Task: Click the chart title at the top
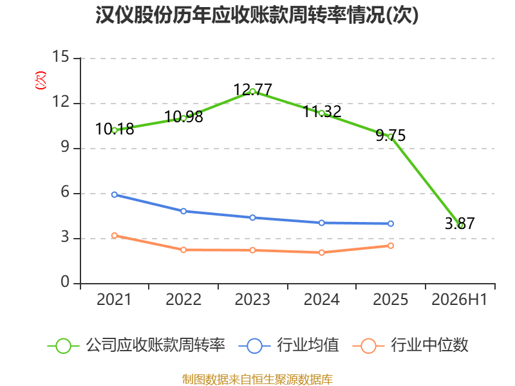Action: click(x=257, y=15)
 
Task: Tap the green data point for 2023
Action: click(x=252, y=91)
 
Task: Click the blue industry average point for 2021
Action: click(x=115, y=195)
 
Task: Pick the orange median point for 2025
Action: click(x=391, y=246)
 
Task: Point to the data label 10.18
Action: click(x=115, y=129)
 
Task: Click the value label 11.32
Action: click(x=322, y=111)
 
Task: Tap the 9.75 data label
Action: click(x=391, y=135)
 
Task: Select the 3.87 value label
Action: click(x=460, y=223)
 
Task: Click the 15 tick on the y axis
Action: click(x=61, y=57)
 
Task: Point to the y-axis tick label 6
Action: click(x=65, y=192)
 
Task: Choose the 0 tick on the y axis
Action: click(x=65, y=282)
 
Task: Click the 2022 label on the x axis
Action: click(x=183, y=299)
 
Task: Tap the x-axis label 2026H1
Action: click(x=459, y=299)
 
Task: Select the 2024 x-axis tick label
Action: click(x=321, y=299)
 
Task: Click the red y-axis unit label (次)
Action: click(x=41, y=80)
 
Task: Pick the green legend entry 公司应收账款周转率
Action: click(x=136, y=345)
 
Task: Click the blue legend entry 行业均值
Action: click(x=288, y=345)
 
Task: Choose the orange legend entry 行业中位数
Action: click(x=410, y=345)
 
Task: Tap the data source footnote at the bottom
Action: click(x=257, y=380)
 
